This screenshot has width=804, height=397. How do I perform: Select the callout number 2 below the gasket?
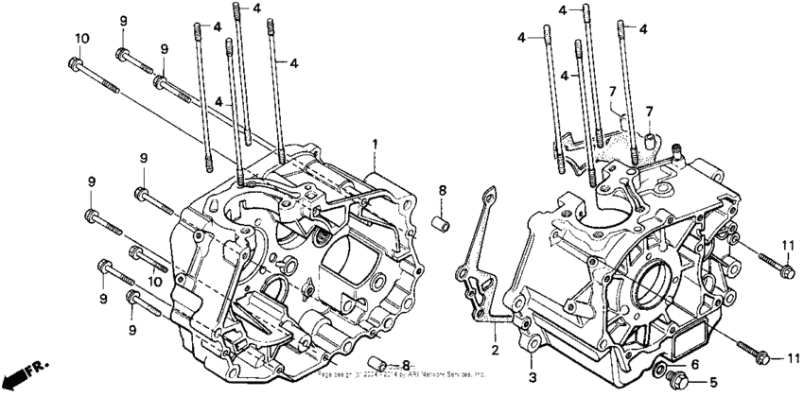[493, 351]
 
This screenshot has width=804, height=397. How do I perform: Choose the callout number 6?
[692, 364]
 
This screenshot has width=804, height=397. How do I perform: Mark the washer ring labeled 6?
[658, 365]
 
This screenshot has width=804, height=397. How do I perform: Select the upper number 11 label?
[786, 247]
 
